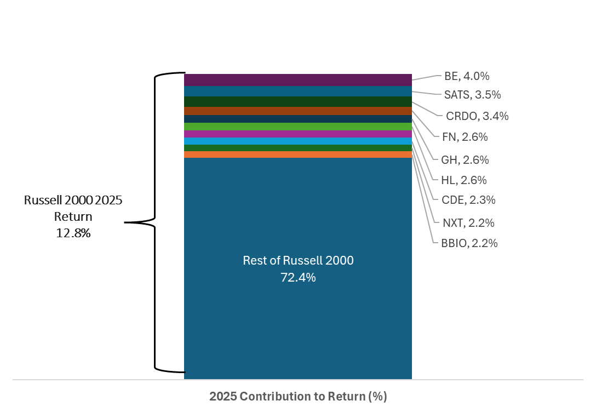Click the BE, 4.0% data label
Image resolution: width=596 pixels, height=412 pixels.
(467, 76)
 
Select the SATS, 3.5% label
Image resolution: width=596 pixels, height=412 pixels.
(472, 95)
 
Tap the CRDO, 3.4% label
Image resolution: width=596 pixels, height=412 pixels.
(477, 116)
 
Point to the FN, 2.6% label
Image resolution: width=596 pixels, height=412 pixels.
(465, 137)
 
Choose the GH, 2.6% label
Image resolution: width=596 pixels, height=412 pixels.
(465, 160)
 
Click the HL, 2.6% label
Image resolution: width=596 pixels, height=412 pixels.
(464, 180)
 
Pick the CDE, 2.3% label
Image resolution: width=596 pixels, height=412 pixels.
(468, 200)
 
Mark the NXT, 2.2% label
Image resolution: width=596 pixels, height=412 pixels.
(468, 222)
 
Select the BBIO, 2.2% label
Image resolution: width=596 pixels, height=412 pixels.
(469, 243)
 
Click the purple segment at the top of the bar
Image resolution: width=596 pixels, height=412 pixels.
(298, 80)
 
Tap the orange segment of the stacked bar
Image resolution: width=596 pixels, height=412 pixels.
(298, 154)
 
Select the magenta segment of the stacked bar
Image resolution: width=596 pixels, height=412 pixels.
(298, 134)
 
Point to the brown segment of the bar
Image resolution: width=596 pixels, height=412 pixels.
(298, 111)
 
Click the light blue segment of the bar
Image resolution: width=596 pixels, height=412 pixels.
(298, 141)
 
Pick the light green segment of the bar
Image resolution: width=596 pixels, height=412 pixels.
(298, 127)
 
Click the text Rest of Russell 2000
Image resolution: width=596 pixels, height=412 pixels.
(298, 261)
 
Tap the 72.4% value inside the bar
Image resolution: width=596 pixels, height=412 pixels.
(298, 278)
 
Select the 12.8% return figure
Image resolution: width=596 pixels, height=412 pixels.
(73, 233)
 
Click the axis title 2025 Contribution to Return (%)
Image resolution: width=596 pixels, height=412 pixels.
(298, 397)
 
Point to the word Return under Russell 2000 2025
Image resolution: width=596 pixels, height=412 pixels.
(73, 217)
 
